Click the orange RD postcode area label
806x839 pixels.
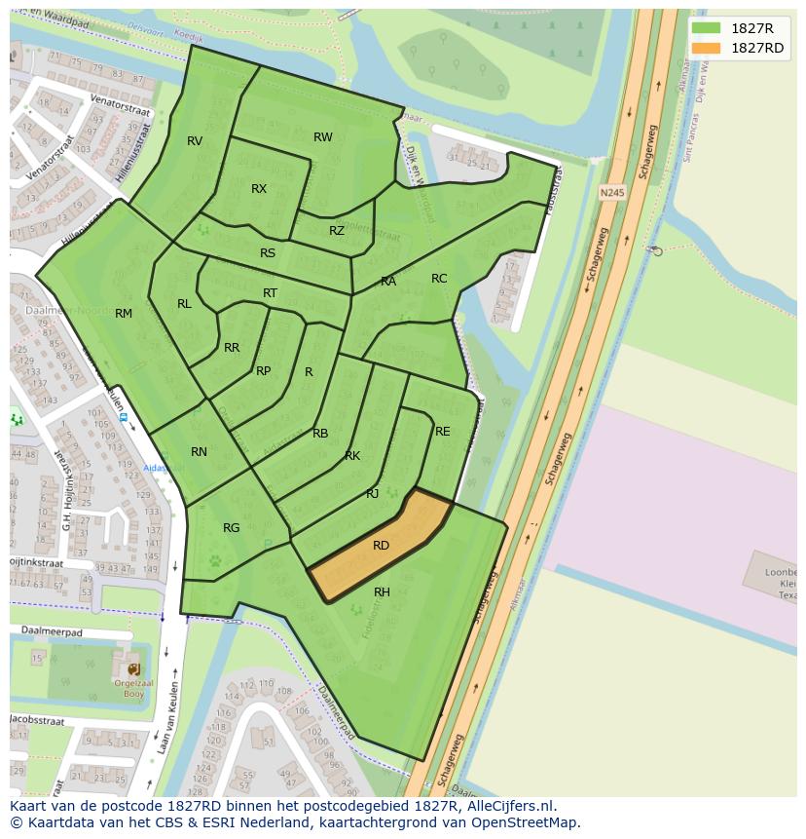click(x=381, y=546)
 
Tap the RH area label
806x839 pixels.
click(x=382, y=592)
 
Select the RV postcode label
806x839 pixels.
click(x=195, y=141)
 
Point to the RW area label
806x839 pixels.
click(x=323, y=137)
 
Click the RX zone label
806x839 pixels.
click(x=259, y=189)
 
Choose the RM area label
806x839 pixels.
click(x=124, y=314)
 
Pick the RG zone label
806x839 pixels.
click(x=231, y=528)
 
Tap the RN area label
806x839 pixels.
click(x=199, y=452)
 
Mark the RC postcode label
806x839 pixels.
click(x=439, y=279)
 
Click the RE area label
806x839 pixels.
click(x=443, y=432)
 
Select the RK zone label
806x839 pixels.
click(x=352, y=456)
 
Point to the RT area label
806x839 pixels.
click(x=270, y=293)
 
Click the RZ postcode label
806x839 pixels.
click(x=337, y=231)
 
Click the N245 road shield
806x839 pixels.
click(x=611, y=193)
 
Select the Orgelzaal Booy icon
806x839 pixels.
click(x=133, y=669)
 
